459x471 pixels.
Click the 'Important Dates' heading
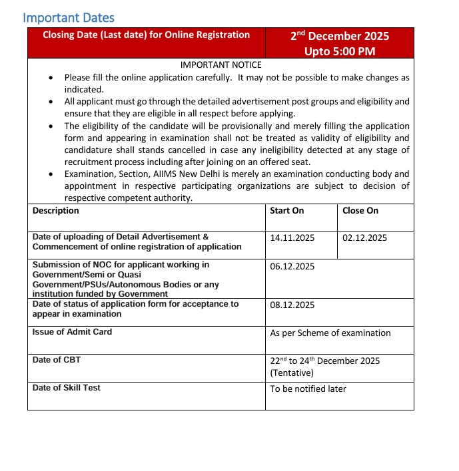point(69,18)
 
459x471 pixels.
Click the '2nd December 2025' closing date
point(339,37)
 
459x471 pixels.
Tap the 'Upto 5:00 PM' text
point(339,51)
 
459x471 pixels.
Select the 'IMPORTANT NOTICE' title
point(221,65)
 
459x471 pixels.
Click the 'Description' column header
point(56,211)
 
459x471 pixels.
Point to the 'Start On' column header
point(287,211)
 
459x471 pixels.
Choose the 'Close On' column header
point(360,211)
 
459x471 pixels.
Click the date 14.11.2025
point(292,237)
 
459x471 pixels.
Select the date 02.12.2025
point(364,237)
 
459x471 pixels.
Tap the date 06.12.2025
point(292,267)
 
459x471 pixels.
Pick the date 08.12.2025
point(292,305)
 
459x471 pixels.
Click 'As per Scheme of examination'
point(330,333)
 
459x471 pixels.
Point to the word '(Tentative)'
point(292,373)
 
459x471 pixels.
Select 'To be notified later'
point(308,389)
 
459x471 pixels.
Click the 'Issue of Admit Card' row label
point(72,332)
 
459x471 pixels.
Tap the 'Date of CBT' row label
point(57,360)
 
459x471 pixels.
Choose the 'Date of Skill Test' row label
point(67,388)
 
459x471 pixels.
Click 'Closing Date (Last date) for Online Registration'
point(147,35)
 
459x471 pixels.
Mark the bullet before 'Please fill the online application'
point(53,78)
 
